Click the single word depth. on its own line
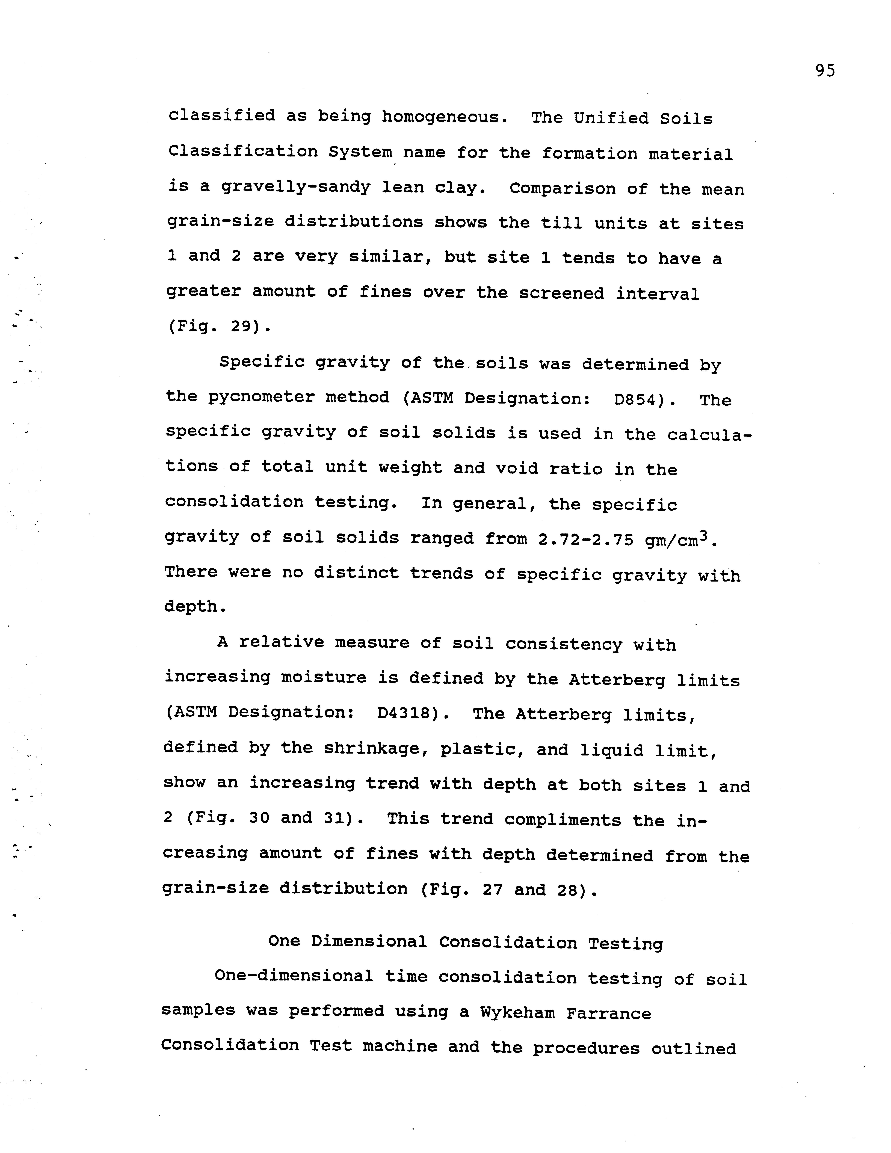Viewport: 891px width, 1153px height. [195, 607]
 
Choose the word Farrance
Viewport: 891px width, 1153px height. [609, 1014]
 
